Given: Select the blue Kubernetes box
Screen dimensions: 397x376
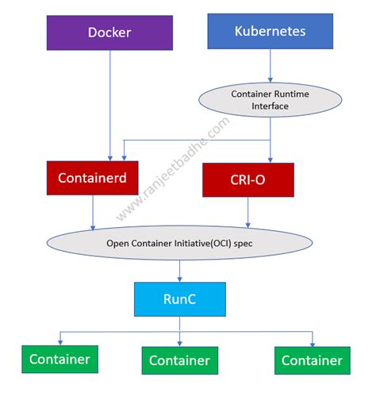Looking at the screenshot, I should (x=270, y=32).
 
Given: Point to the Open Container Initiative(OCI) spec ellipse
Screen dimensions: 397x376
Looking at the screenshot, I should (x=181, y=242).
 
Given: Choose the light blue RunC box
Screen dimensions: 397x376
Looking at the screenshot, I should (x=180, y=299).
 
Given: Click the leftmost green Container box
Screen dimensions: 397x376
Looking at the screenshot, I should (x=59, y=359).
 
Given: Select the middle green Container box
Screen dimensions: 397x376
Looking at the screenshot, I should (x=180, y=360).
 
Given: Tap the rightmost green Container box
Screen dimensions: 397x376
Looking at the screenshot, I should (x=313, y=360).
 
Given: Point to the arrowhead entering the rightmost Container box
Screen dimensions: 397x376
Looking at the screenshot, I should (x=313, y=343).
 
